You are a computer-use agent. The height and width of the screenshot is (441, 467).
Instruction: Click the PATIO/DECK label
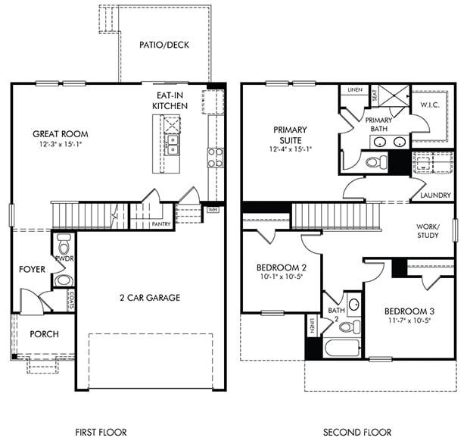(x=164, y=45)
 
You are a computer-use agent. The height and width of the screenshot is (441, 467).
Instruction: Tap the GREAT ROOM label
(x=60, y=134)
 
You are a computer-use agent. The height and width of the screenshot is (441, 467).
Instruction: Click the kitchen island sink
(x=173, y=140)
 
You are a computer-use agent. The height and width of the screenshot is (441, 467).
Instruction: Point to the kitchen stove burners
(x=215, y=157)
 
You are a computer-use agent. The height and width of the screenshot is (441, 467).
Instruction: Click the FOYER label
(x=33, y=269)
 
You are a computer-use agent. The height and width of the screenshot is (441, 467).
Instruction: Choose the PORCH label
(x=44, y=334)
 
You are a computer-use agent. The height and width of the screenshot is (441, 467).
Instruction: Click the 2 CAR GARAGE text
(x=149, y=298)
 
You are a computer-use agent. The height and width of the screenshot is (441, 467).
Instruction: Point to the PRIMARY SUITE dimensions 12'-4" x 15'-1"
(x=291, y=149)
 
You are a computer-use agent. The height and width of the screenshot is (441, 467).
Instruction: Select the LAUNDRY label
(x=435, y=195)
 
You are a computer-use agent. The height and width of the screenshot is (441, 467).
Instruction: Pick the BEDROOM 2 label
(x=281, y=268)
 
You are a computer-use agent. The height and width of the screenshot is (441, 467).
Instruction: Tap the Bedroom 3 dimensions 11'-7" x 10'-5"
(x=409, y=321)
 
